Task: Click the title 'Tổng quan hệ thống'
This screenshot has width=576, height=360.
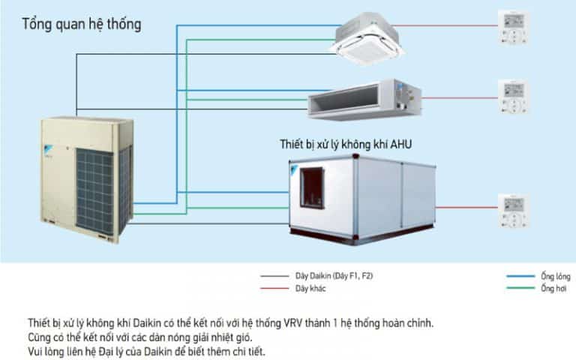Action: tap(81, 24)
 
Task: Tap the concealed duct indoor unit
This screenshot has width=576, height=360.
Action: tap(365, 99)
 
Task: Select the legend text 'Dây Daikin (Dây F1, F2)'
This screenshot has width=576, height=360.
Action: tap(334, 277)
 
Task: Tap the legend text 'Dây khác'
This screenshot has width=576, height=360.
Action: tap(310, 288)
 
